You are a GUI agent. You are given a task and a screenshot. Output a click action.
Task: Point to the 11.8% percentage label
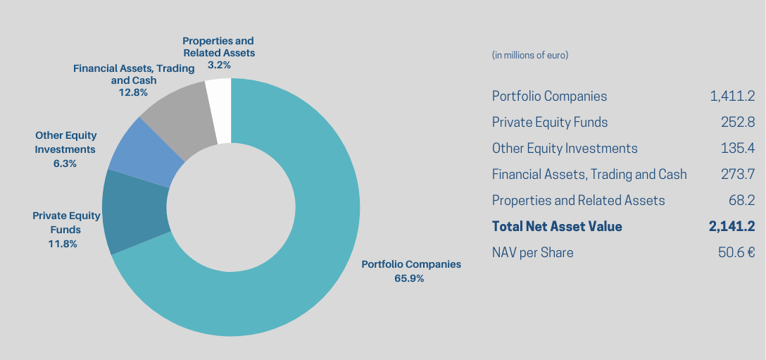click(63, 244)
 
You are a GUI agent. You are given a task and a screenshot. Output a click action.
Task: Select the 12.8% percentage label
click(133, 92)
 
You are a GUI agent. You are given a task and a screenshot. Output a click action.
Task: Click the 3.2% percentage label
click(218, 65)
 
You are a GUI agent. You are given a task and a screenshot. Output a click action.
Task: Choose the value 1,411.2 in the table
click(732, 97)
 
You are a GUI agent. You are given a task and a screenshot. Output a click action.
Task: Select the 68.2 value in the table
click(742, 201)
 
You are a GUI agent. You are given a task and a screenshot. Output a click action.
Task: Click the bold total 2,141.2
click(732, 227)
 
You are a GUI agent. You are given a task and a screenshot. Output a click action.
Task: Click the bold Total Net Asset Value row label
click(557, 227)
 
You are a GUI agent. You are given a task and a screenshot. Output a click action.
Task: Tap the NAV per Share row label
click(532, 253)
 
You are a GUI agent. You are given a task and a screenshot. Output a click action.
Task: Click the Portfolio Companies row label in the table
click(549, 97)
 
